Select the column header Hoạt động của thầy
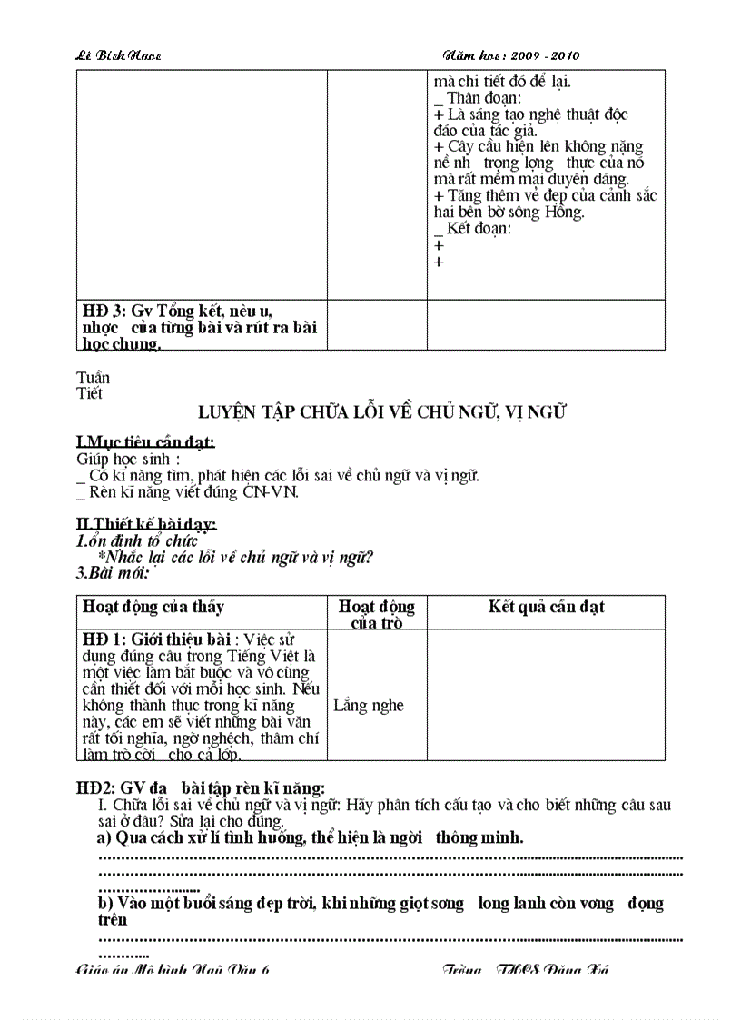point(153,607)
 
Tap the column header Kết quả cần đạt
point(546,607)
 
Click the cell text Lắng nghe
point(369,705)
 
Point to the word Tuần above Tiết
point(93,378)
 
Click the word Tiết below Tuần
point(90,393)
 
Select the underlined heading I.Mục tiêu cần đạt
point(145,442)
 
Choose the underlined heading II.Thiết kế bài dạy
point(146,525)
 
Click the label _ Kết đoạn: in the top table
point(473,229)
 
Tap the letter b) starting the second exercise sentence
point(105,904)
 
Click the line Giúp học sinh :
point(128,459)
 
